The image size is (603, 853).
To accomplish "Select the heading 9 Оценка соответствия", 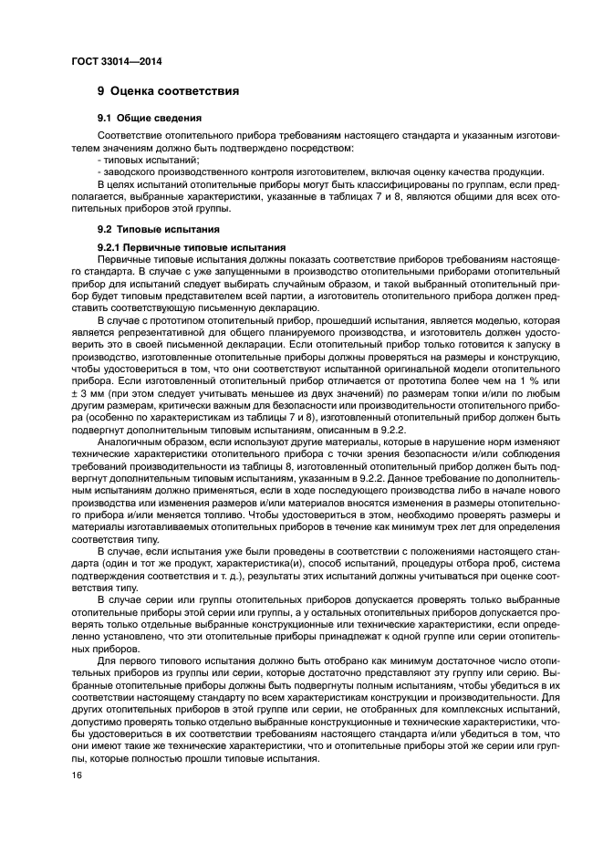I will pyautogui.click(x=168, y=91).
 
